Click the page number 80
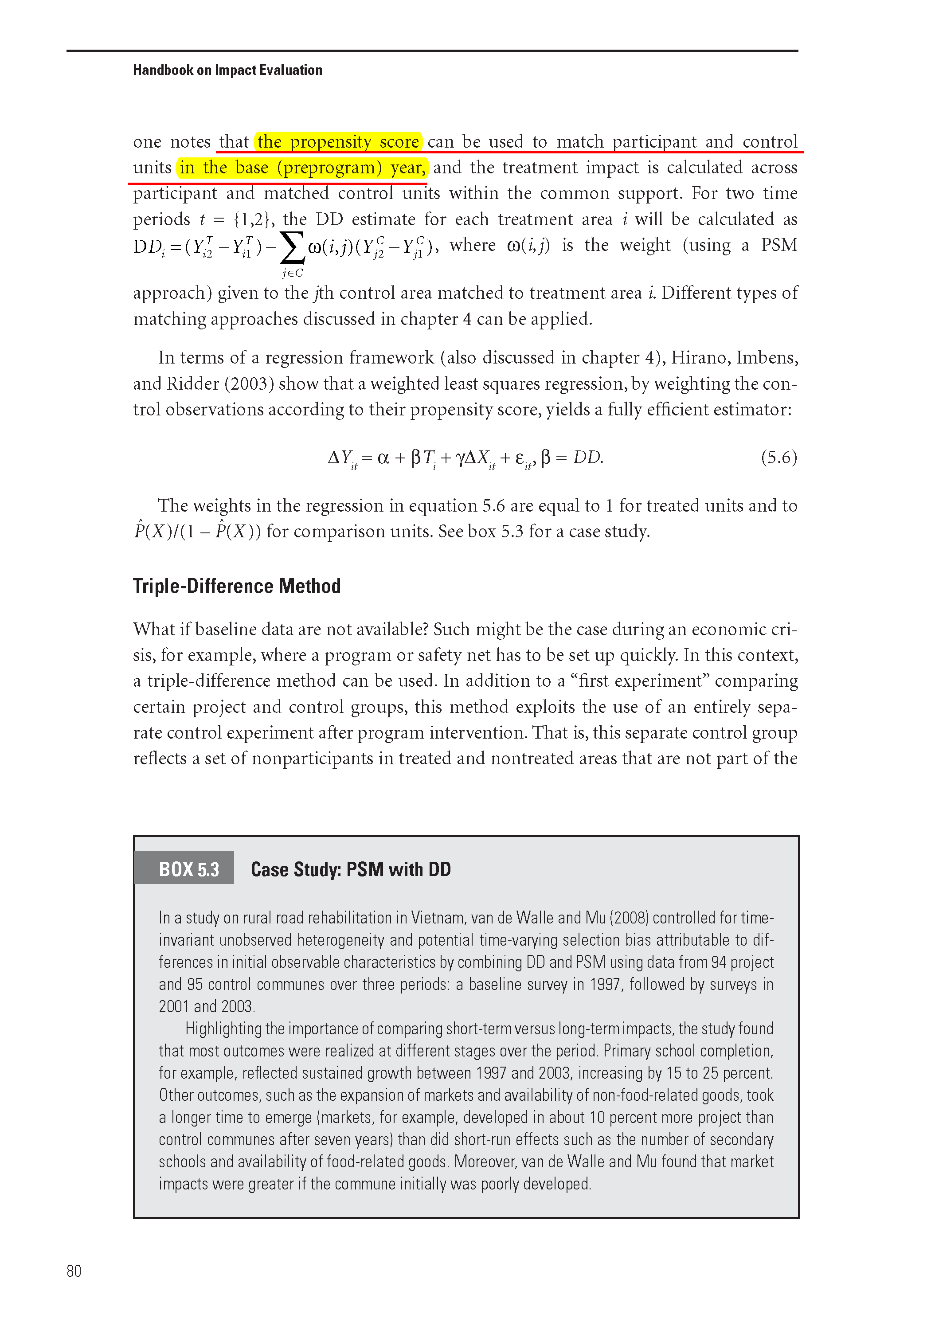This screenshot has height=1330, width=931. coord(74,1271)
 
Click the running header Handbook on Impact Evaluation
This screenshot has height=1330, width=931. coord(227,70)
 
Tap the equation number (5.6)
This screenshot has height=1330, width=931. coord(778,458)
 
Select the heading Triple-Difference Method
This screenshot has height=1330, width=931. coord(236,586)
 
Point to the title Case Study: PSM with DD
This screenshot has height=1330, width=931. coord(351,869)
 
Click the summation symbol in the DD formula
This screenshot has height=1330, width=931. coord(292,247)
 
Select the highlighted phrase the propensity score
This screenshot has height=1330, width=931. coord(338,142)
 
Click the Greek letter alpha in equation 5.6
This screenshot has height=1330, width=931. coord(383,458)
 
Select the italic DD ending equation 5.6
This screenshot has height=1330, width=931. coord(587,458)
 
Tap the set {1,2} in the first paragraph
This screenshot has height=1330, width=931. coord(251,219)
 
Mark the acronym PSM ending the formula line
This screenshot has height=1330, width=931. coord(778,245)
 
